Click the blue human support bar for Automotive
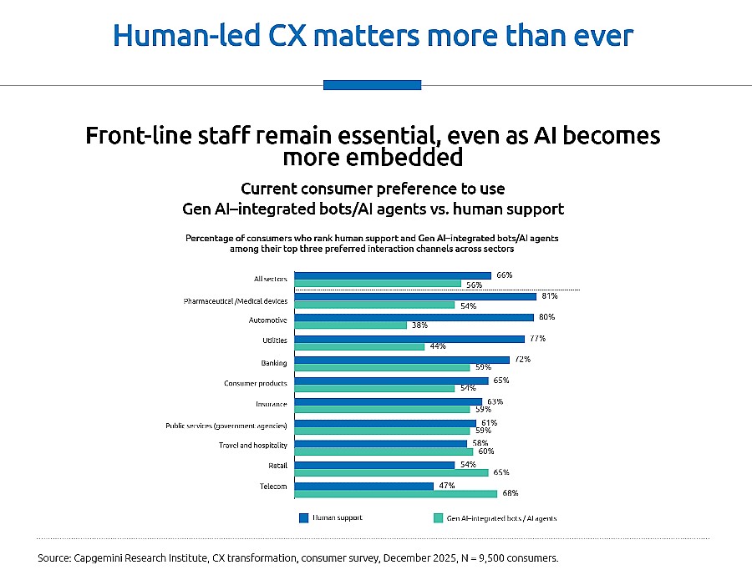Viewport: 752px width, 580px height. tap(414, 317)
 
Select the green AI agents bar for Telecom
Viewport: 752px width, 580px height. tap(397, 492)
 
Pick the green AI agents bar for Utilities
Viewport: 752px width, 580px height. tap(360, 345)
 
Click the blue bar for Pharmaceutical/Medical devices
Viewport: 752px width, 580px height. tap(415, 296)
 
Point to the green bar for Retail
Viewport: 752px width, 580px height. tap(392, 472)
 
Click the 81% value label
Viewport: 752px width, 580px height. tap(549, 295)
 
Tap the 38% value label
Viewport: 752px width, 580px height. tap(419, 325)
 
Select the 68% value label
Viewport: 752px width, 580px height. tap(510, 492)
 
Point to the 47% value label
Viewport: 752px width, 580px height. tap(446, 484)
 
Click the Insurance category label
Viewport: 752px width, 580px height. tap(271, 405)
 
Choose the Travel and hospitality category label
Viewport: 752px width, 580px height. tap(253, 446)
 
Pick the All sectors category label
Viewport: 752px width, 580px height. tap(270, 279)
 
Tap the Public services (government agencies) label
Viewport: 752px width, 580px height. tap(226, 426)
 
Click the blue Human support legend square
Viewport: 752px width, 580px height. tap(303, 518)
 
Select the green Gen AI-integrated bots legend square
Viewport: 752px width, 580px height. tap(437, 518)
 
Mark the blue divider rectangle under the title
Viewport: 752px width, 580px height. tap(372, 84)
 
